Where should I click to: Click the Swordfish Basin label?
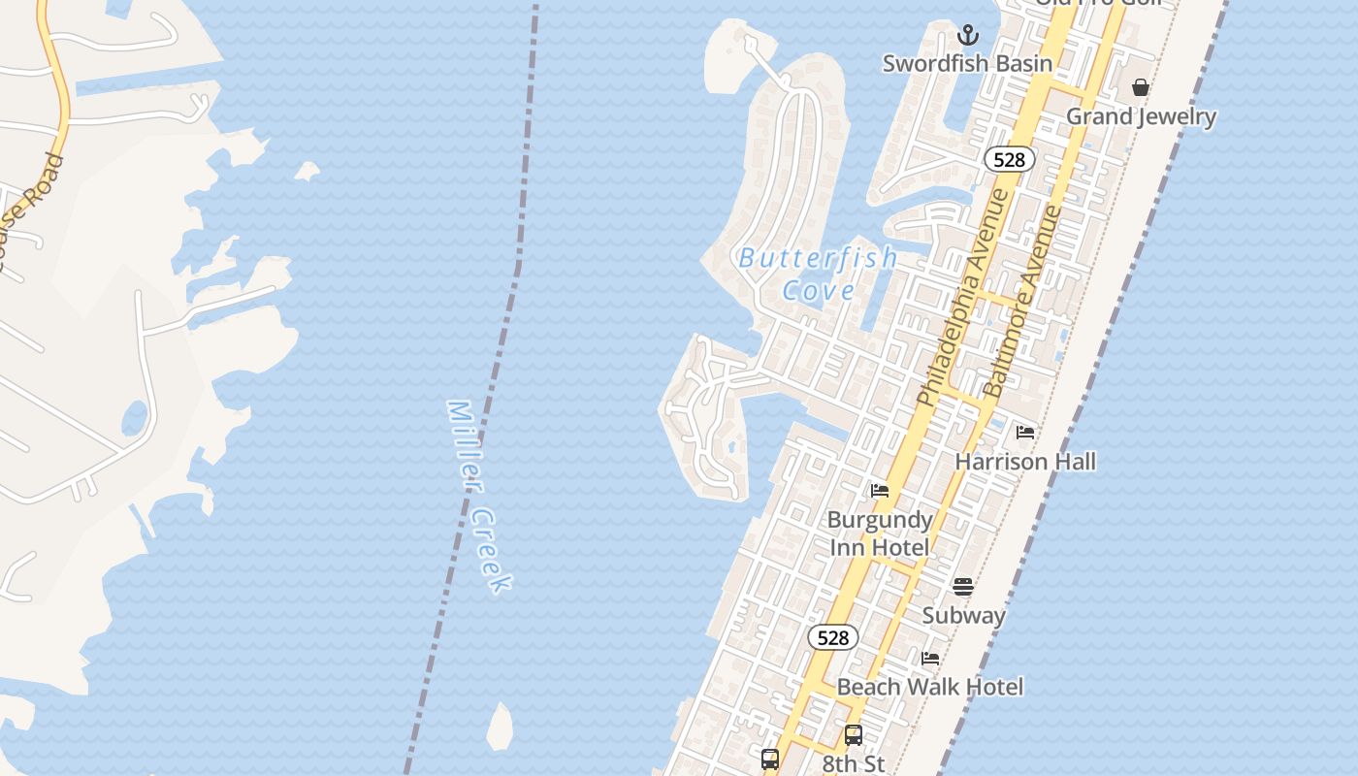point(967,64)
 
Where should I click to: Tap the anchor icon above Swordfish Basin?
point(967,36)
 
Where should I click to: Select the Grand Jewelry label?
point(1141,117)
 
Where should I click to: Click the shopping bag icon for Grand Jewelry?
point(1141,88)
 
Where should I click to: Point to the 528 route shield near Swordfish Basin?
point(1009,160)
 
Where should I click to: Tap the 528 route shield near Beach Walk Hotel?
point(832,637)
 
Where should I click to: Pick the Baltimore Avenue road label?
point(1023,301)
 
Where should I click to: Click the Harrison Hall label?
point(1025,462)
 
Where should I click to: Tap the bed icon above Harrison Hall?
point(1025,433)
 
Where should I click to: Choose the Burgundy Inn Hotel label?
point(879,533)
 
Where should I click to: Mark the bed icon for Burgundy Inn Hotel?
point(880,491)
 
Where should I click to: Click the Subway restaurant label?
point(963,616)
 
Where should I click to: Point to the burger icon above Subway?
point(962,587)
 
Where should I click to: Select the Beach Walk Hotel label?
point(929,688)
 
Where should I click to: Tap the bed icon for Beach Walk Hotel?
point(930,659)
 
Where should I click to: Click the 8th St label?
point(854,764)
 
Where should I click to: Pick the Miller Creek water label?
point(478,495)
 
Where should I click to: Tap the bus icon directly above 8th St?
point(854,735)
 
